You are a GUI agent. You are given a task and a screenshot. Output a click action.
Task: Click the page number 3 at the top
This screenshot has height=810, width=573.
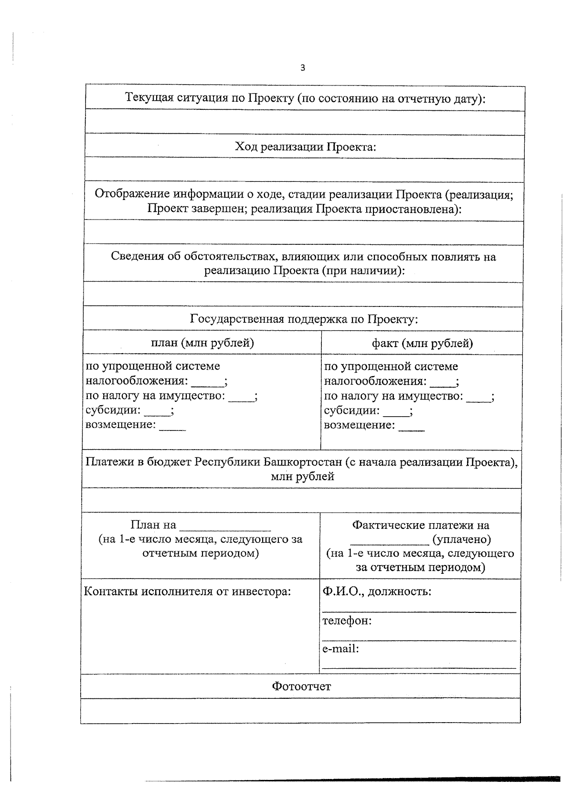302,68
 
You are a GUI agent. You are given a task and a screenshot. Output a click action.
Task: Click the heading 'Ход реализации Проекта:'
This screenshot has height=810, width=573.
305,147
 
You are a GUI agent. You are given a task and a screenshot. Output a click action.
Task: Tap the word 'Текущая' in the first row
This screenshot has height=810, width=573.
149,98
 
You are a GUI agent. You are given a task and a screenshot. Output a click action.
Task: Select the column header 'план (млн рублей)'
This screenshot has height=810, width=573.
202,343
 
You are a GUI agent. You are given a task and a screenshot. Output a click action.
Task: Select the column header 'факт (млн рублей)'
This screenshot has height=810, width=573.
423,343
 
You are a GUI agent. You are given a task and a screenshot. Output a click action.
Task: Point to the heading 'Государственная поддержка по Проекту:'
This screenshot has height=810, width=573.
304,319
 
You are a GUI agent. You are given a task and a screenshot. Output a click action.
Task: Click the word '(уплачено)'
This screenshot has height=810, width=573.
462,539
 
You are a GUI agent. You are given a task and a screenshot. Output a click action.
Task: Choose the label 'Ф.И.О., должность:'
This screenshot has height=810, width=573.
377,591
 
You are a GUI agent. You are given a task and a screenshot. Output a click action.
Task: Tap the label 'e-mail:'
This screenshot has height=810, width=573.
340,649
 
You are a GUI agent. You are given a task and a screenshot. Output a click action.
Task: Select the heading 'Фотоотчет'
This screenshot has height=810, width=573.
301,686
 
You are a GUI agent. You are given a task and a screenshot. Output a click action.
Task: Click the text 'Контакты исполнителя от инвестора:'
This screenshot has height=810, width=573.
187,591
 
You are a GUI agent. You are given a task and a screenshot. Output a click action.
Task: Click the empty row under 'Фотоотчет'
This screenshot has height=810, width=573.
300,711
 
